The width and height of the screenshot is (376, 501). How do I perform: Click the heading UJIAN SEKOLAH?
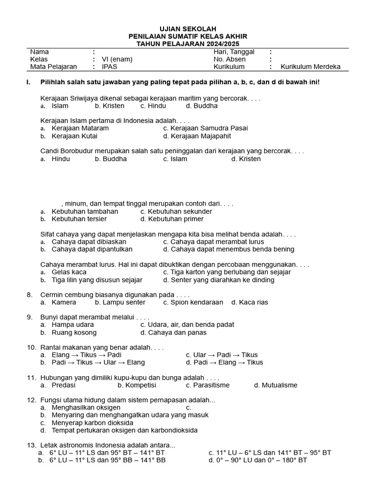click(x=188, y=29)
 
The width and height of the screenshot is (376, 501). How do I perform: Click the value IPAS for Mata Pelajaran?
click(x=110, y=67)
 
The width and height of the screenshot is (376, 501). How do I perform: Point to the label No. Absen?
click(x=229, y=59)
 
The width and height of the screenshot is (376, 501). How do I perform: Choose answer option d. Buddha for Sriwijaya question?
click(x=202, y=106)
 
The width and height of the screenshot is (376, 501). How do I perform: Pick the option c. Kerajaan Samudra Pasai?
click(x=206, y=128)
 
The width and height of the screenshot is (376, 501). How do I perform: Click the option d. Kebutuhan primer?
click(x=172, y=219)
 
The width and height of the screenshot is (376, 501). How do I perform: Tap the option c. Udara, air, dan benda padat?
click(x=187, y=324)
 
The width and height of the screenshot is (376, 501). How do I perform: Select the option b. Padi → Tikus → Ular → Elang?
click(x=93, y=363)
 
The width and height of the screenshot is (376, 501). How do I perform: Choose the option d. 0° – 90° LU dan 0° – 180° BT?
click(x=258, y=460)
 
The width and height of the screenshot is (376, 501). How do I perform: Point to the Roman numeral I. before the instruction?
click(x=28, y=82)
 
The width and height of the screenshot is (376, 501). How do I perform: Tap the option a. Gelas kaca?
click(x=64, y=272)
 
